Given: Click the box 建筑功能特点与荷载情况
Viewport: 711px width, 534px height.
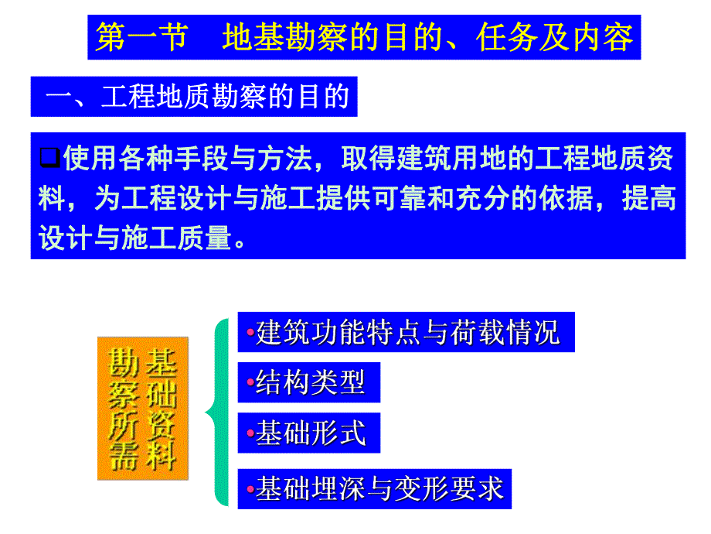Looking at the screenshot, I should (x=406, y=334).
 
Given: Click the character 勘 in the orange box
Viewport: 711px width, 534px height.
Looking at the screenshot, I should (x=124, y=362).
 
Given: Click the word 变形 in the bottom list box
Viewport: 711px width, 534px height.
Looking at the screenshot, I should (x=416, y=488).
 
